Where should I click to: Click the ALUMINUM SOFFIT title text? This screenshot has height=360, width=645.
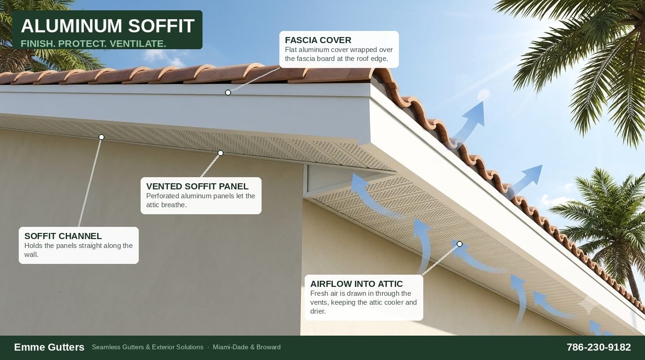pos(108,26)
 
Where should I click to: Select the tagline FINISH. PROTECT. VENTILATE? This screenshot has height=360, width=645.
pos(93,44)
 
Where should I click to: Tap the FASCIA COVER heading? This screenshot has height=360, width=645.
pos(318,40)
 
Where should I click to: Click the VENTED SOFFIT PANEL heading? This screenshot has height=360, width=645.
pos(197,187)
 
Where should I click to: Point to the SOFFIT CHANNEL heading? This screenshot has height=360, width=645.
pos(63,236)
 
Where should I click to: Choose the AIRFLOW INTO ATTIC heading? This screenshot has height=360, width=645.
pos(356,284)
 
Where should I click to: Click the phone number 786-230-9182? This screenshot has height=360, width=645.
pos(599,347)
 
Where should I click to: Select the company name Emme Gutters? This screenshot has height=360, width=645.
pos(49,347)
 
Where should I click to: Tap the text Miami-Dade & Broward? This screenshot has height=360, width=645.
pos(247,347)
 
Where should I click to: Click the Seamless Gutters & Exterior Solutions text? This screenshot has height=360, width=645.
pos(148,347)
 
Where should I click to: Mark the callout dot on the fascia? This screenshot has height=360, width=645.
pos(228,92)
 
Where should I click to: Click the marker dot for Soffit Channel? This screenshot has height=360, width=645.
pos(101,137)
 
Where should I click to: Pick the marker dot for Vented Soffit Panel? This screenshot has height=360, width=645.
pos(221,153)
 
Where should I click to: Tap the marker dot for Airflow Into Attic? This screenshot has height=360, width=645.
pos(459,244)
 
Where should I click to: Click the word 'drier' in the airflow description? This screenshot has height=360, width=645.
pos(318,311)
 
